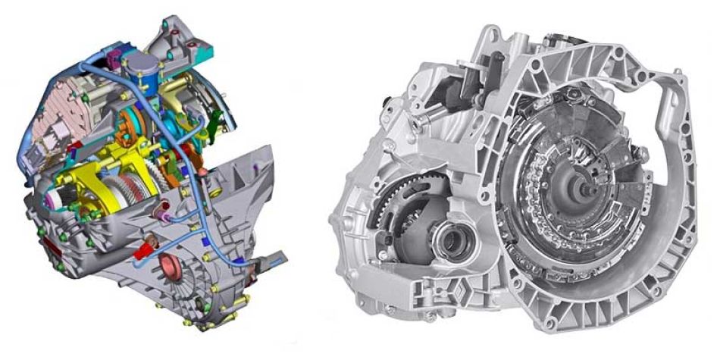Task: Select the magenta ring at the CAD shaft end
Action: pyautogui.click(x=61, y=199)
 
